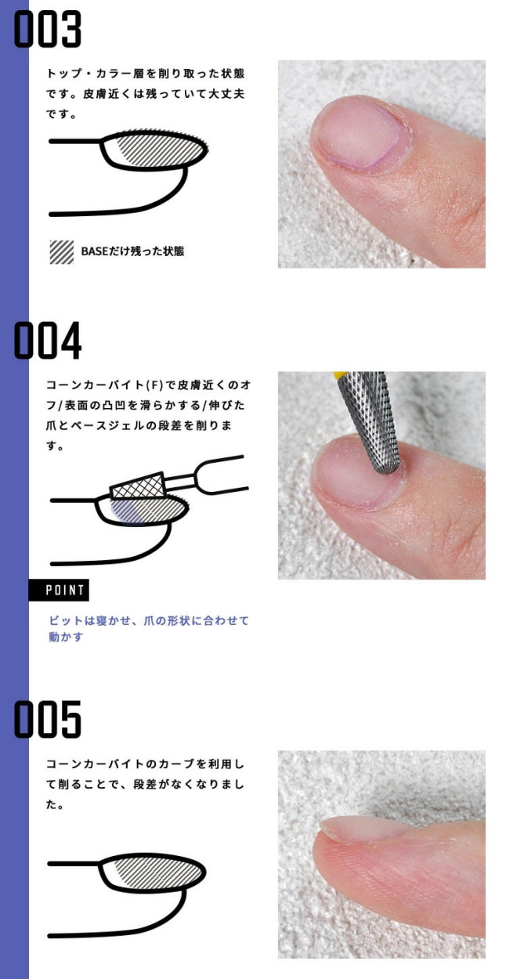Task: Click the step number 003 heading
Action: click(x=48, y=29)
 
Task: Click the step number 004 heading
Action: click(x=48, y=340)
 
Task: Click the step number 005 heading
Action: click(x=48, y=719)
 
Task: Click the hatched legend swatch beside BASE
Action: click(x=61, y=252)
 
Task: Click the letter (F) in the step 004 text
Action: click(x=153, y=385)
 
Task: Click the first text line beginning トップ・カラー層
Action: click(x=146, y=74)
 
